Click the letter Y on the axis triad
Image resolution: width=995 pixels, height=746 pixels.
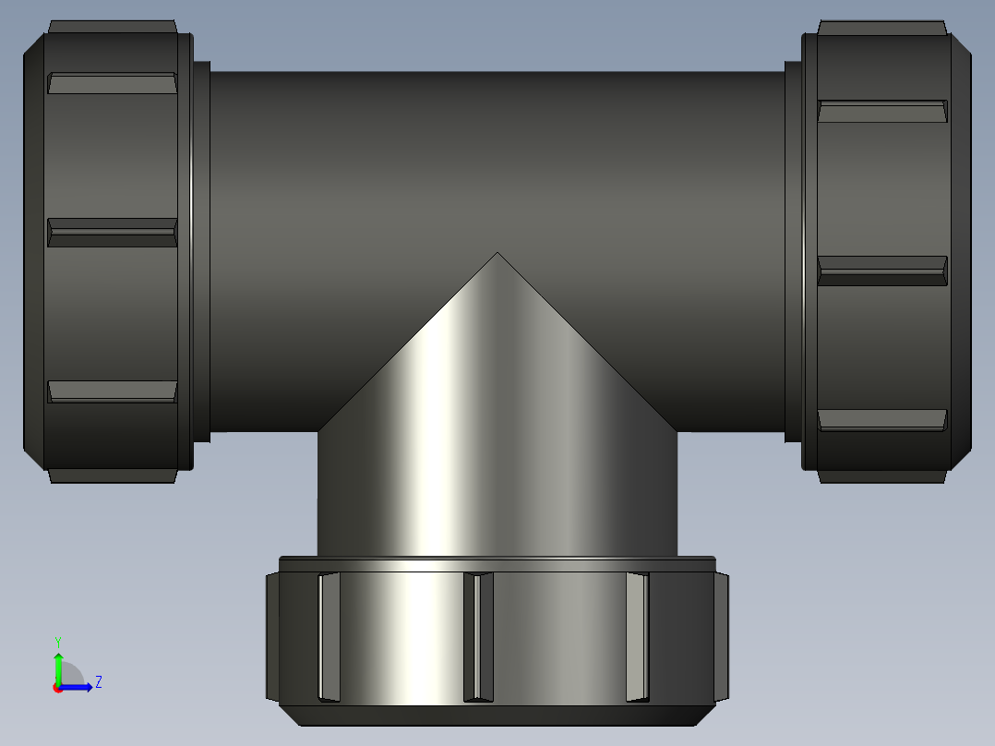click(57, 641)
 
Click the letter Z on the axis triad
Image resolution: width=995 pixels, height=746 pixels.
click(98, 682)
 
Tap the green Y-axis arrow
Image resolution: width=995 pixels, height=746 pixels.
click(58, 667)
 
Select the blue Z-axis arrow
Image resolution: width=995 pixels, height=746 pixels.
click(78, 687)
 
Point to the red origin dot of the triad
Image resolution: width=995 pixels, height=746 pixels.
click(57, 688)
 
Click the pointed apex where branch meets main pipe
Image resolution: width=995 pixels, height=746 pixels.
click(497, 254)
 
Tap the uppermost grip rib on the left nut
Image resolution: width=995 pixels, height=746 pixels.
click(112, 83)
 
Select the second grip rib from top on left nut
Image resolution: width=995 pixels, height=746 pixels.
click(112, 233)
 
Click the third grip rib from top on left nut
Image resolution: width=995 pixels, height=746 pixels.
click(112, 391)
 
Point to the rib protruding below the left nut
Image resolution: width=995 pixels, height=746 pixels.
click(112, 475)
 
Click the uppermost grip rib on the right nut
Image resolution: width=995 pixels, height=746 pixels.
click(882, 112)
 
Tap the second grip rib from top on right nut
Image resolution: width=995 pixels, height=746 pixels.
click(882, 271)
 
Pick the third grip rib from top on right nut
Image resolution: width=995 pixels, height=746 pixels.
click(882, 420)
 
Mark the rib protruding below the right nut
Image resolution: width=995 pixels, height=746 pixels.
click(882, 476)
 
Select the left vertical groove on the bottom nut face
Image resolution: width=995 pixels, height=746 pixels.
click(329, 637)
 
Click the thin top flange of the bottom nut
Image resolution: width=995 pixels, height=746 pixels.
click(497, 562)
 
